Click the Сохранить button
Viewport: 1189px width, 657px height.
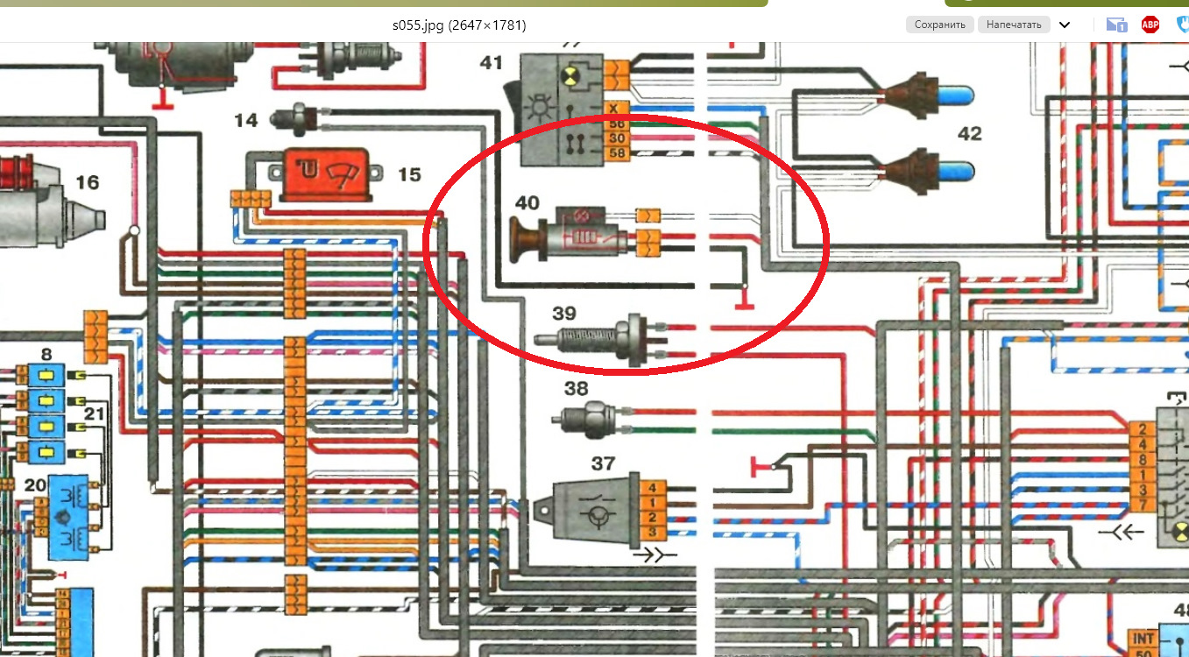coord(939,25)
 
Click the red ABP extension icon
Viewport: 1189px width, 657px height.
coord(1150,25)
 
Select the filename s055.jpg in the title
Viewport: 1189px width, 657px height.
coord(419,25)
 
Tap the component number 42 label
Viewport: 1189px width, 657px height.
coord(969,134)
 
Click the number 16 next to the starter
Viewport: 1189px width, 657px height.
coord(87,182)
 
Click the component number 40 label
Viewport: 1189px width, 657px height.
coord(527,203)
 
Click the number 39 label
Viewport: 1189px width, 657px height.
coord(564,313)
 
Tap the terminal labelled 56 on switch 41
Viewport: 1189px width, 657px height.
coord(617,124)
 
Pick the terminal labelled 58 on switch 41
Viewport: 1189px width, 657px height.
coord(617,154)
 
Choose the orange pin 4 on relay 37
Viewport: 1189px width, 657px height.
coord(652,488)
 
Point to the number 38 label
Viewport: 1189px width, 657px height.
coord(576,388)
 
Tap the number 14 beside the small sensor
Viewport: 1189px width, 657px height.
coord(246,119)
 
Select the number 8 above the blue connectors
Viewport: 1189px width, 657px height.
coord(46,355)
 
